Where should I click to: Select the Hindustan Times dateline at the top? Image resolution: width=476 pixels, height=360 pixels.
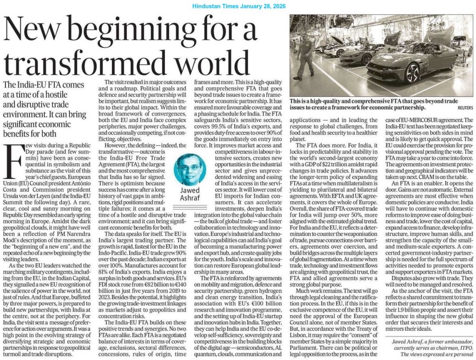(x=238, y=5)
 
